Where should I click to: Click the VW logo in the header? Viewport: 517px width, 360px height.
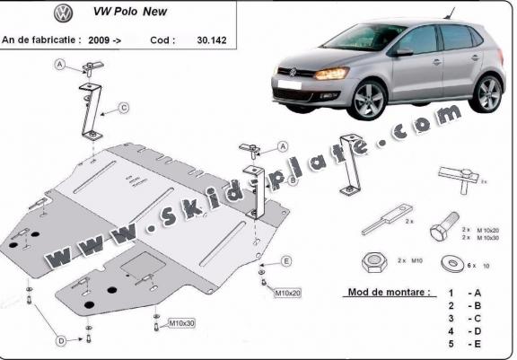tap(64, 13)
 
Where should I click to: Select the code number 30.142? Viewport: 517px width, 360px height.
tap(212, 40)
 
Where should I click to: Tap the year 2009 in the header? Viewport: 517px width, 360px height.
tap(99, 40)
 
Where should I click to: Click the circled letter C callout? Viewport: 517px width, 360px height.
tap(124, 108)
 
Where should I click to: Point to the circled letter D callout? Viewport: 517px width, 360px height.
tap(61, 341)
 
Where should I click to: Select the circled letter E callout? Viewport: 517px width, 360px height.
tap(286, 261)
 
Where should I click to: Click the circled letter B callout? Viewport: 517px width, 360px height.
tap(293, 180)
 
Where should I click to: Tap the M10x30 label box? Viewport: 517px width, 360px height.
tap(181, 323)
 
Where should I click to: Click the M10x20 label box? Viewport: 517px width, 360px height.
tap(287, 293)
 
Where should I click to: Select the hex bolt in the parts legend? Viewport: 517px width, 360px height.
tap(444, 226)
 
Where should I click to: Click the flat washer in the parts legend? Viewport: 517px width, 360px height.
tap(453, 263)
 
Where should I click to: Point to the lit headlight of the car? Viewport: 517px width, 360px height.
tap(331, 74)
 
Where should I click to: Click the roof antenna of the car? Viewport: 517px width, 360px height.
tap(449, 13)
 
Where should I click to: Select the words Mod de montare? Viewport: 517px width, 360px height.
tap(389, 292)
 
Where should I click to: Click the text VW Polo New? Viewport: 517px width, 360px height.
tap(130, 12)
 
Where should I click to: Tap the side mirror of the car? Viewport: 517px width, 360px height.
tap(404, 52)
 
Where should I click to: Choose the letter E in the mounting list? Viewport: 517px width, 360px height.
tap(478, 344)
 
